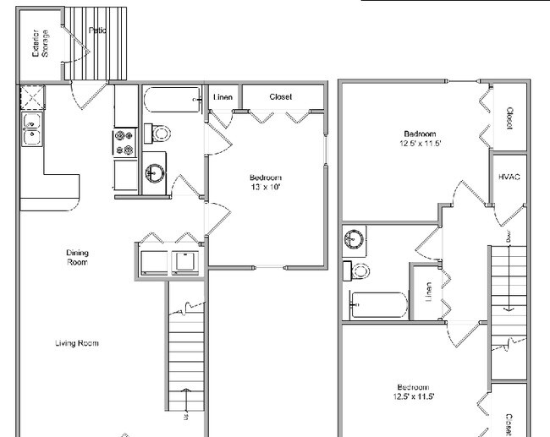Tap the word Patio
(97, 30)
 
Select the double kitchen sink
(31, 131)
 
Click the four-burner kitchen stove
(124, 142)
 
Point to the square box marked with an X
(33, 99)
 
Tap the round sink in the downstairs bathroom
(154, 172)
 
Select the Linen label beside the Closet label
(223, 97)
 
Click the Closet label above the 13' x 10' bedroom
(281, 96)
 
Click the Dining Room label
(78, 257)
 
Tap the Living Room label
(77, 343)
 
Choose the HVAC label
(509, 177)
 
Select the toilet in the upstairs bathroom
(357, 271)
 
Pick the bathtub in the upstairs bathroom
(377, 305)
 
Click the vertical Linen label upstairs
(429, 292)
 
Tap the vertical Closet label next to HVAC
(509, 117)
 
